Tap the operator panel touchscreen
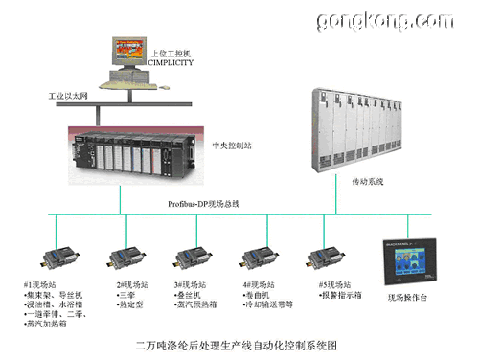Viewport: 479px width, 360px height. (409, 259)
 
